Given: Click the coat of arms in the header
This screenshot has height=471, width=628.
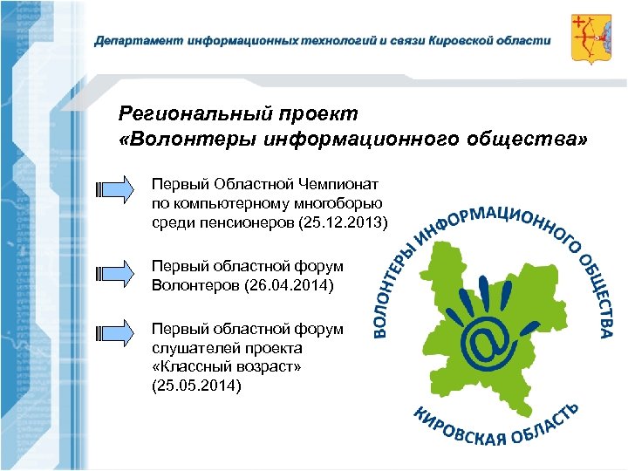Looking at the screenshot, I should click(x=590, y=38).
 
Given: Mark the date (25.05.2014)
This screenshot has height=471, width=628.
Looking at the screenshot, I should click(x=196, y=385).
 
